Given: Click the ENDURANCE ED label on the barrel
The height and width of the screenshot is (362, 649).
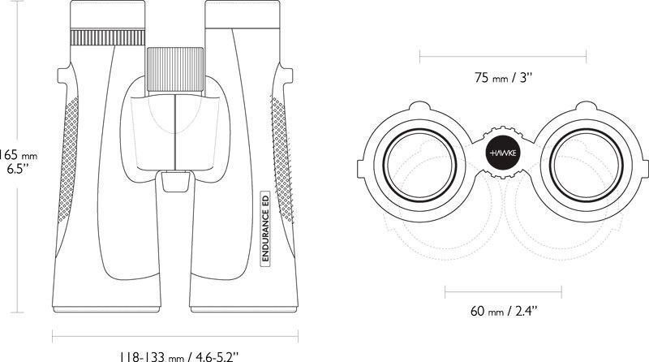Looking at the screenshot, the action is click(x=265, y=226).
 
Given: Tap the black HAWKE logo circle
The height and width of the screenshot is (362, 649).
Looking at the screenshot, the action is click(x=502, y=153).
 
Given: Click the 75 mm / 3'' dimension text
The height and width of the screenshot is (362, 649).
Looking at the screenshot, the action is click(x=503, y=77).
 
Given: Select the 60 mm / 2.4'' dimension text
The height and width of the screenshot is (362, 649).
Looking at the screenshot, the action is click(x=503, y=311).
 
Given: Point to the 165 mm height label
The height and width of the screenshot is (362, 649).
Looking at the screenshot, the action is click(x=18, y=155).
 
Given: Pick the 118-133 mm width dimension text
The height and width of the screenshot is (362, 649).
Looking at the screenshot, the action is click(x=178, y=356).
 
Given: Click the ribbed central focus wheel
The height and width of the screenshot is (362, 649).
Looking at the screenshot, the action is click(x=175, y=70).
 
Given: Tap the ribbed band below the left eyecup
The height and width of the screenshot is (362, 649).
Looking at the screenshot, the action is click(x=108, y=37).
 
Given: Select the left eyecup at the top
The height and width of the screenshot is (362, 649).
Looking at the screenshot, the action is click(x=108, y=15).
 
